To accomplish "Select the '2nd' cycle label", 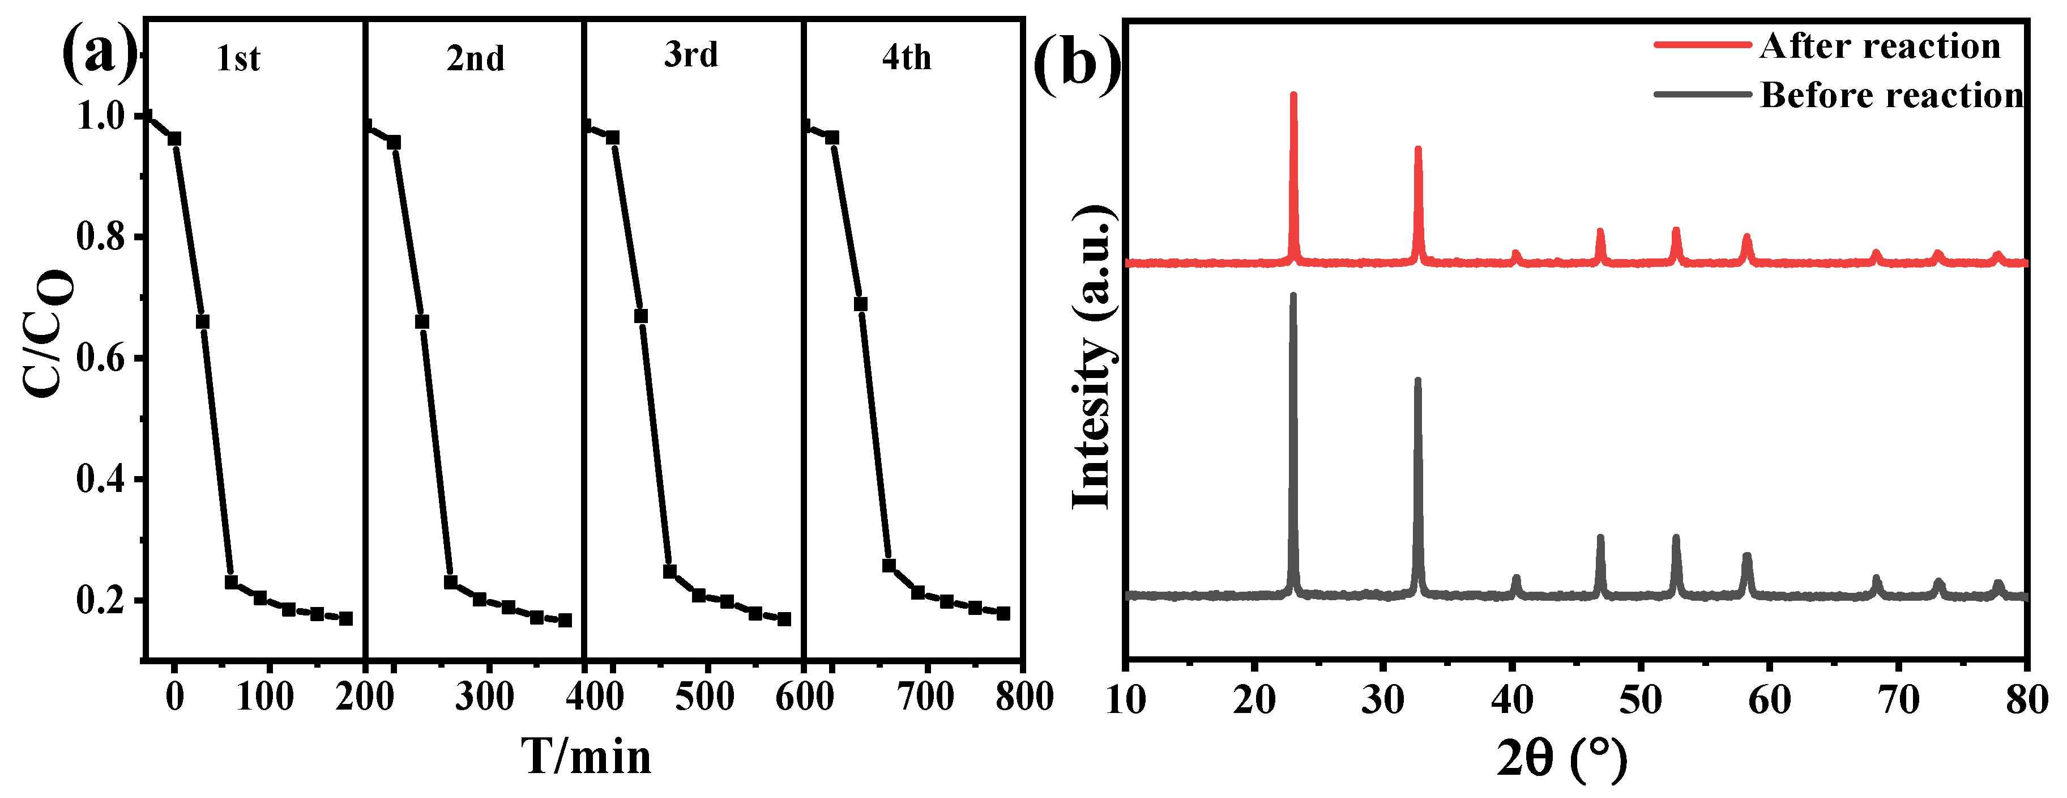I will tap(475, 58).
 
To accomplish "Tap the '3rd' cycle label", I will tap(691, 56).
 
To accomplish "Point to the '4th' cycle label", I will tap(907, 58).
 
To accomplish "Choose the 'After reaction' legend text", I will tap(1880, 46).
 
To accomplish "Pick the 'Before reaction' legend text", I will tap(1891, 96).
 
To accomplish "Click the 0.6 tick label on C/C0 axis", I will tap(101, 358).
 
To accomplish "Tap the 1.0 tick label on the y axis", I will tap(101, 117).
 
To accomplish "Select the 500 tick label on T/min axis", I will tap(704, 697).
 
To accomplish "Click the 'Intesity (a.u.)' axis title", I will tap(1094, 356).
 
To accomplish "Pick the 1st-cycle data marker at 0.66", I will tap(203, 321).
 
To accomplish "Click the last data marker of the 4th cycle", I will tap(1003, 613).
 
